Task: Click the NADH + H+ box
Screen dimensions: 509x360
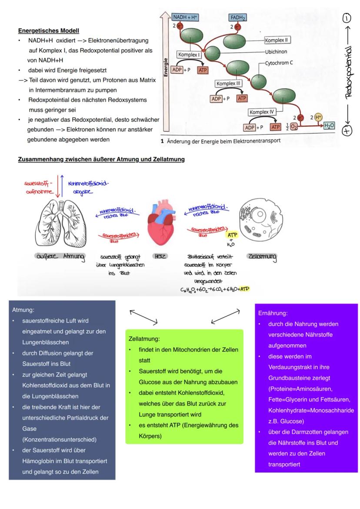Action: [x=185, y=17]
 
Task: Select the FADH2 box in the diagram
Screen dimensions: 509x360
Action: [x=237, y=18]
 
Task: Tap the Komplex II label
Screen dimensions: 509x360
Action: [x=277, y=40]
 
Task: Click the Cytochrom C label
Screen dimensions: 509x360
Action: [x=279, y=63]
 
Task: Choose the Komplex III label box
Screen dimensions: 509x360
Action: [x=229, y=83]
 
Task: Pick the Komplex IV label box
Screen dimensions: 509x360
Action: [x=262, y=112]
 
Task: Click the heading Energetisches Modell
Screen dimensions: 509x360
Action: [x=49, y=31]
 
